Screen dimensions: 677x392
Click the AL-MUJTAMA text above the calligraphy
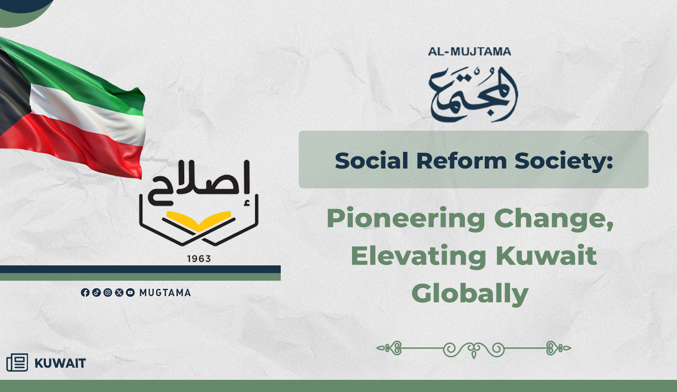coord(469,52)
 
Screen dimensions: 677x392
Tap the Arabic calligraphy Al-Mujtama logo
coord(473,95)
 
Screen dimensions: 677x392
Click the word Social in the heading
coord(371,160)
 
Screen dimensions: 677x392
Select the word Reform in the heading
coord(462,160)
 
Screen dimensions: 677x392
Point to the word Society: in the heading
coord(564,162)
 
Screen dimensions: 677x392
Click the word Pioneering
coord(406,219)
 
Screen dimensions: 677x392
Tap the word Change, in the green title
coord(554,219)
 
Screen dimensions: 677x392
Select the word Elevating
coord(418,257)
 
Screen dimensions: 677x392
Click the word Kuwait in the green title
coord(547,255)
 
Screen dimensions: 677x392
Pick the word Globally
coord(470,294)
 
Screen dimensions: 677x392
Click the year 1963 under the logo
coord(199,259)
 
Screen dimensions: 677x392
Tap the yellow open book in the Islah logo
coord(199,221)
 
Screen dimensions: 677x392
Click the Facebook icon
coord(85,292)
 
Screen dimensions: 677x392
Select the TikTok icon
coord(97,292)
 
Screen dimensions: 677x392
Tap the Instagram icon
coord(107,292)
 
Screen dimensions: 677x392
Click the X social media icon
coord(119,292)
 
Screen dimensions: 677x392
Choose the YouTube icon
coord(130,292)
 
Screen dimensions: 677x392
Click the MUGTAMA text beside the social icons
coord(165,292)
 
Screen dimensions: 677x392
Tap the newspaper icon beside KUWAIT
coord(17,362)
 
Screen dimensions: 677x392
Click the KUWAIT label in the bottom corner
coord(60,363)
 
